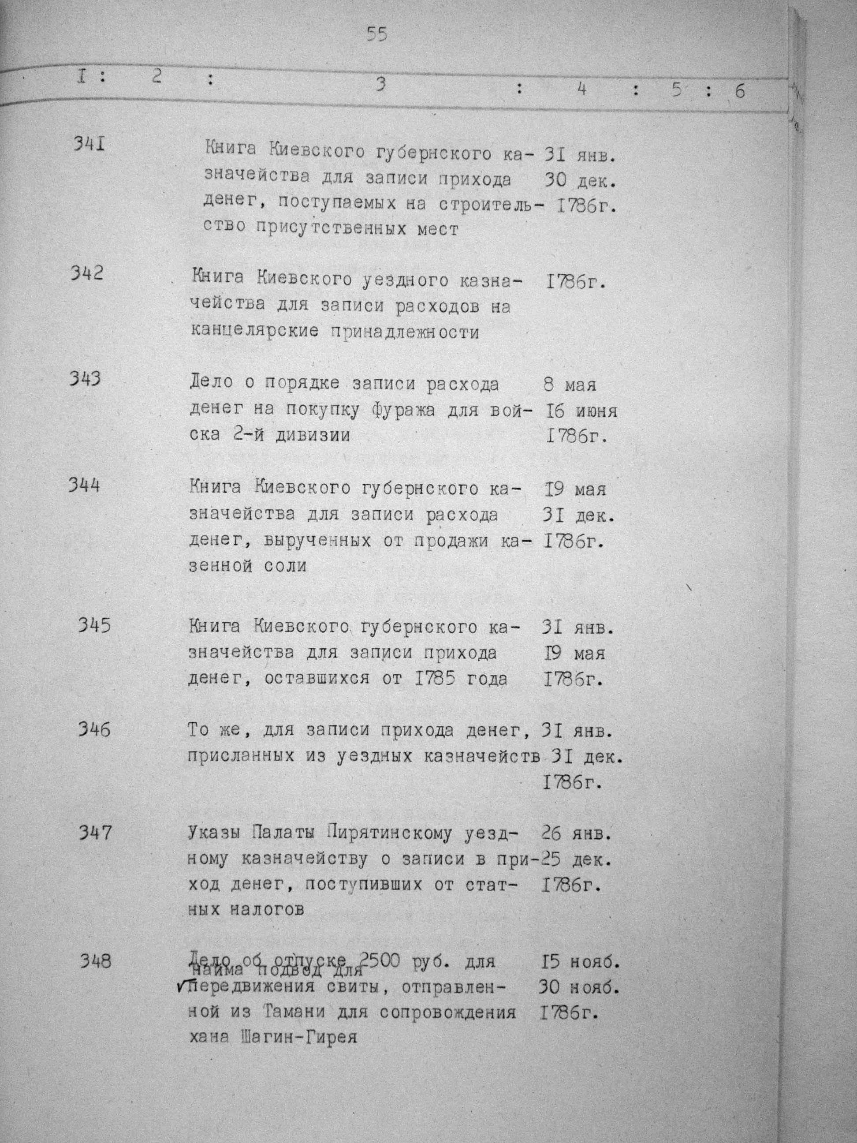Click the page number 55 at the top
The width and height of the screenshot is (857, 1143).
click(377, 35)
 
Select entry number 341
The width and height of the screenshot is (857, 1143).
click(89, 143)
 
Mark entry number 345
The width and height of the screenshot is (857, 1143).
click(94, 626)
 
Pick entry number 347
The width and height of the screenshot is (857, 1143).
click(95, 833)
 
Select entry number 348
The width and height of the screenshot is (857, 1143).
click(95, 962)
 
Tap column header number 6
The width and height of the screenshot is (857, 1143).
click(740, 91)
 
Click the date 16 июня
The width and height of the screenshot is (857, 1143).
click(581, 411)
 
